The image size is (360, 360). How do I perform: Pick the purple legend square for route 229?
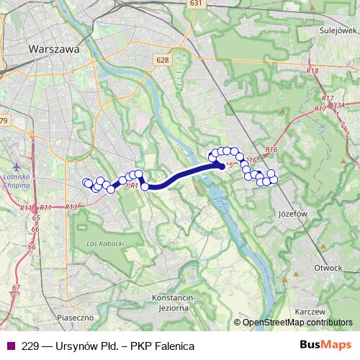tap(9, 346)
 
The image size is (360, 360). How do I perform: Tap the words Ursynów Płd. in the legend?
tap(85, 346)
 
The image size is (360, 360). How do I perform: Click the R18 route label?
tap(312, 71)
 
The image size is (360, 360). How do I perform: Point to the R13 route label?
tap(71, 207)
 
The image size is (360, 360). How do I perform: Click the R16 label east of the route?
tap(271, 149)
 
